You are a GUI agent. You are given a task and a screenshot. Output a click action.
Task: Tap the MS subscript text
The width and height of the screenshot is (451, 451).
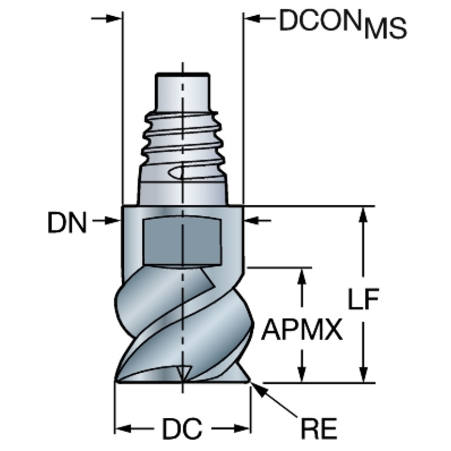[x=385, y=28]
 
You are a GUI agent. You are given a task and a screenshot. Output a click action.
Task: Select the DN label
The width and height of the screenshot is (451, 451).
[x=67, y=222]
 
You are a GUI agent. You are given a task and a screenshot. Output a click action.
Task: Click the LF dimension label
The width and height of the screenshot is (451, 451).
[x=363, y=299]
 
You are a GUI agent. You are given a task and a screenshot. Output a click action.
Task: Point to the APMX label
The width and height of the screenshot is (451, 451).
[x=302, y=330]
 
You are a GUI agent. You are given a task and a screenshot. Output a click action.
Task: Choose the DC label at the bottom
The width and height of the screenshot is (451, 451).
[x=182, y=429]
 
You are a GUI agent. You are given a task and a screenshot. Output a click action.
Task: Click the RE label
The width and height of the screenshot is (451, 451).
[x=319, y=429]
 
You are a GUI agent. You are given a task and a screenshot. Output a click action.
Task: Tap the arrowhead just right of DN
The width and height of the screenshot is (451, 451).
[x=113, y=221]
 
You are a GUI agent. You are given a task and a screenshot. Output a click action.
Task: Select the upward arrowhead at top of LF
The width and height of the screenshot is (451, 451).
[x=363, y=215]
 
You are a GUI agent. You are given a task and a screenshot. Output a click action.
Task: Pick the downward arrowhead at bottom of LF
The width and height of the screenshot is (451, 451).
[x=363, y=374]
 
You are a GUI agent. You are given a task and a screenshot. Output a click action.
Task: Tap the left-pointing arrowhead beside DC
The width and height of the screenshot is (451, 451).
[x=123, y=429]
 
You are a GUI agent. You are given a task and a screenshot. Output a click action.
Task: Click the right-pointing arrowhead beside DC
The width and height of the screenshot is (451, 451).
[x=242, y=429]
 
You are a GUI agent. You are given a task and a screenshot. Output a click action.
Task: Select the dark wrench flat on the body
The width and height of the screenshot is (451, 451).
[x=183, y=240]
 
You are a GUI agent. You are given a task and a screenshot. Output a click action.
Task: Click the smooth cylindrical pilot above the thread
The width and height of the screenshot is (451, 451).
[x=182, y=93]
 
